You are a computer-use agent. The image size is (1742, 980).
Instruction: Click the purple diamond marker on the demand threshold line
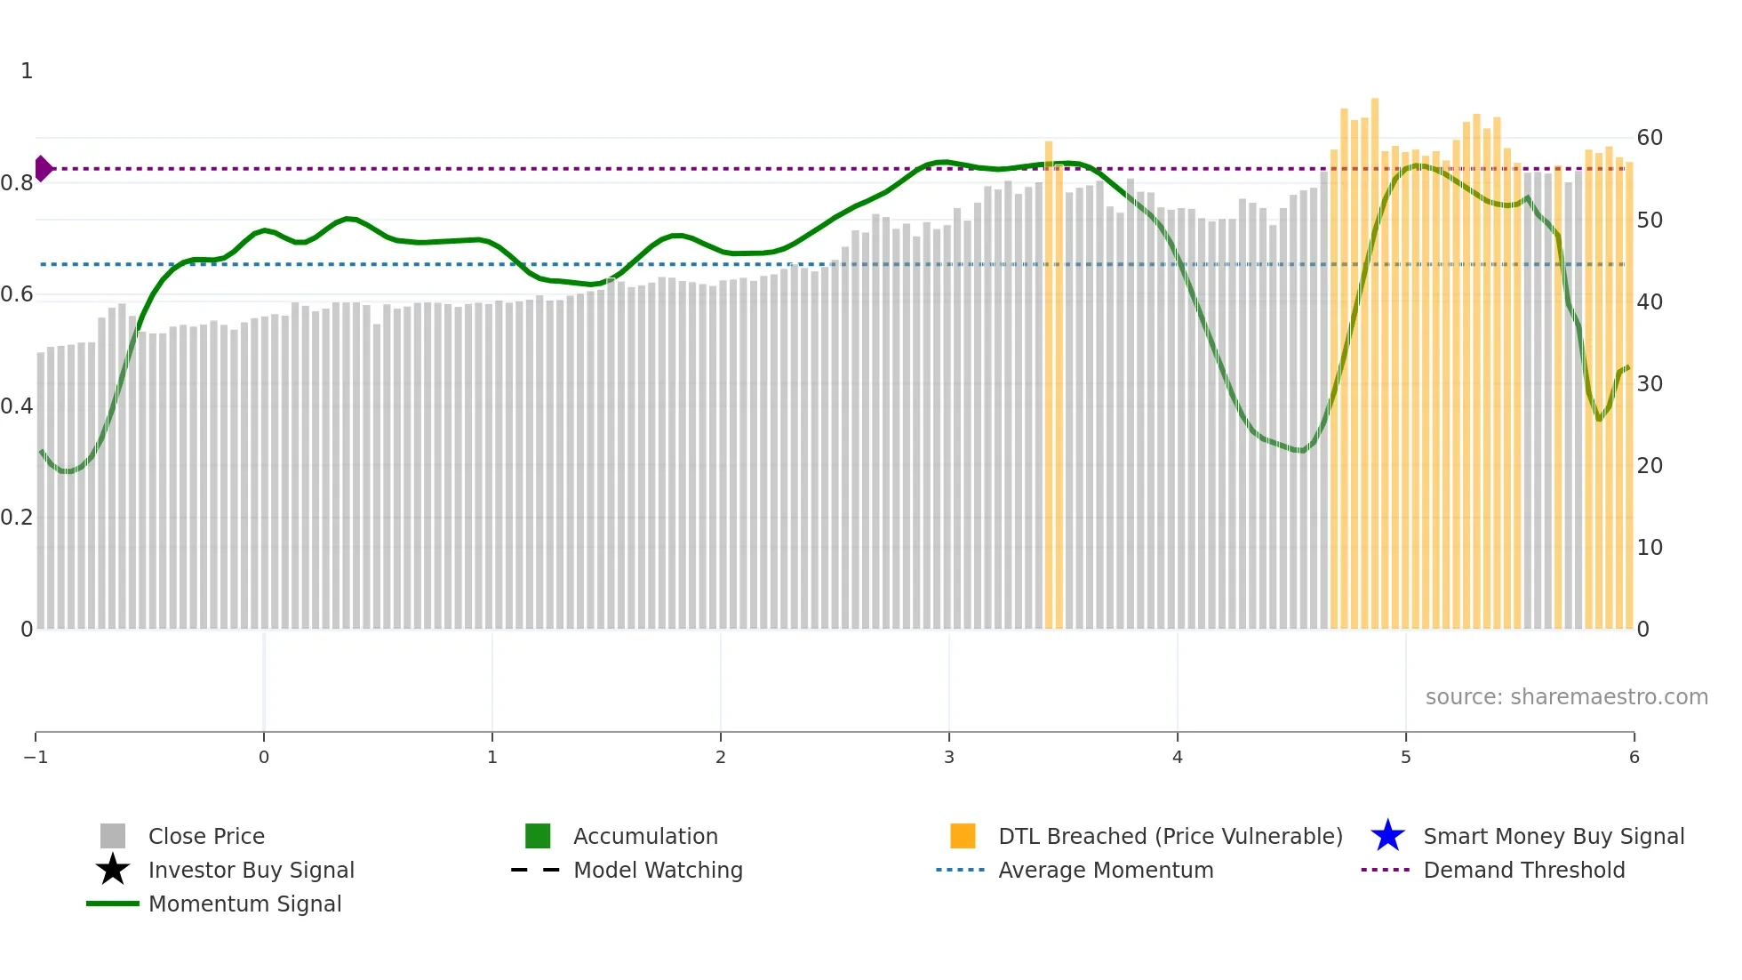(x=44, y=168)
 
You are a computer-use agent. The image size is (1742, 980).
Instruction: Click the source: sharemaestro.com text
(x=1566, y=696)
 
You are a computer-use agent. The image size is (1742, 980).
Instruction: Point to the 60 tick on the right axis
(x=1650, y=138)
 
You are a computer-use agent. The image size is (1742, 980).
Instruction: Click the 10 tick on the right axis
(x=1650, y=548)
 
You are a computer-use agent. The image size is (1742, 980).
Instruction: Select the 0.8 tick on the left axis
(x=17, y=183)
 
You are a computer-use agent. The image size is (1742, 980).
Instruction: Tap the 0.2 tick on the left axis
(x=17, y=518)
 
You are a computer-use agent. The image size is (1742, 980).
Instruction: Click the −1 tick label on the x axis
(x=36, y=757)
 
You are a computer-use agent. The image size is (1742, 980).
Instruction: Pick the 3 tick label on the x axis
(x=949, y=757)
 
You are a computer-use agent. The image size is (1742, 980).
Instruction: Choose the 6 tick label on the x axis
(x=1634, y=757)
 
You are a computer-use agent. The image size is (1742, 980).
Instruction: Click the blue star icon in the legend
(x=1387, y=836)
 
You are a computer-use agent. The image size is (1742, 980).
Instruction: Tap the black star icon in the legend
(x=113, y=870)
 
